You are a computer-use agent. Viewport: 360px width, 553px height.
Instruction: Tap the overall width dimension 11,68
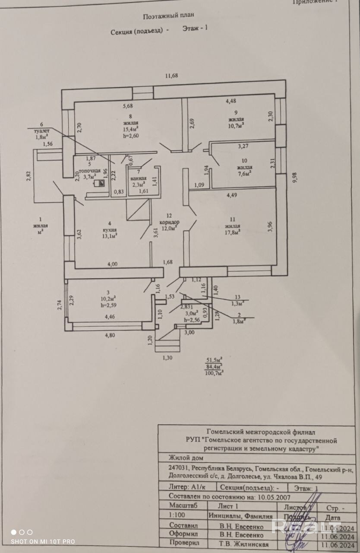click(171, 75)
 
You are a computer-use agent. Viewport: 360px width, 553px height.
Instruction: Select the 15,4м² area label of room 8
click(130, 129)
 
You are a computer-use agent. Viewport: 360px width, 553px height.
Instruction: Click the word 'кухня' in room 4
click(97, 229)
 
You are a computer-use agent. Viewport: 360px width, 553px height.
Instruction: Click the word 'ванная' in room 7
click(139, 178)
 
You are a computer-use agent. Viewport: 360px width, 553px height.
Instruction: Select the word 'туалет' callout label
click(42, 130)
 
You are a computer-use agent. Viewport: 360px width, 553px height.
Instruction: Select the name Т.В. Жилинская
click(244, 544)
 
